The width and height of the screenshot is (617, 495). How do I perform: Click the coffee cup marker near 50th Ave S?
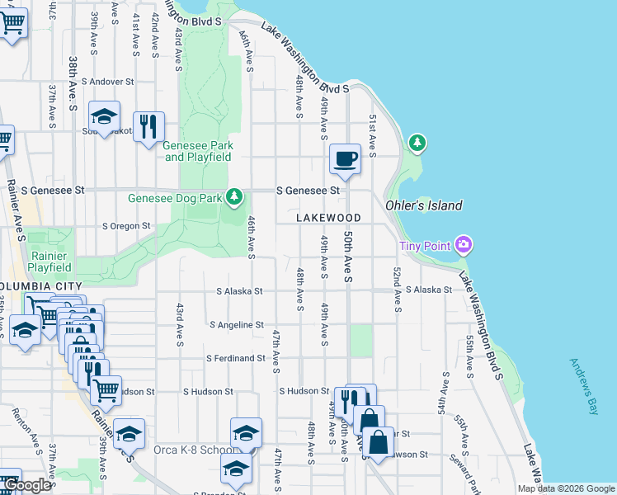pyautogui.click(x=345, y=158)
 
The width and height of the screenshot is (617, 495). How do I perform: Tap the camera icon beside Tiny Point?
pyautogui.click(x=464, y=244)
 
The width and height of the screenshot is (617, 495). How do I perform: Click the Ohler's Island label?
pyautogui.click(x=424, y=205)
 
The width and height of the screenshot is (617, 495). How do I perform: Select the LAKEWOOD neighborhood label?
pyautogui.click(x=329, y=218)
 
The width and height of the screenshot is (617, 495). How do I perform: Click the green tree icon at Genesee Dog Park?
pyautogui.click(x=236, y=196)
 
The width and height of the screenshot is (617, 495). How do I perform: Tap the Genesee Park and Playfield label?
pyautogui.click(x=198, y=151)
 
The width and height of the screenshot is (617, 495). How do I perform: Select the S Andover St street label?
pyautogui.click(x=106, y=82)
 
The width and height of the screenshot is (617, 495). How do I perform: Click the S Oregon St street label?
pyautogui.click(x=126, y=225)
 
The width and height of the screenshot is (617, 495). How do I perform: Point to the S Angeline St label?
pyautogui.click(x=237, y=325)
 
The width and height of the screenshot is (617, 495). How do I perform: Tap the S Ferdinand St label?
pyautogui.click(x=235, y=358)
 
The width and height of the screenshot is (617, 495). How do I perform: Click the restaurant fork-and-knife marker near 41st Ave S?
pyautogui.click(x=148, y=127)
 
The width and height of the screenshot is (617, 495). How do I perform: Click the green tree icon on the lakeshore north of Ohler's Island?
pyautogui.click(x=417, y=143)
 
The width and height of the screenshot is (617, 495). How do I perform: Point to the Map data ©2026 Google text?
pyautogui.click(x=565, y=488)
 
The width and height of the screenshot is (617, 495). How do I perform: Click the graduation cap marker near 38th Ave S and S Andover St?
pyautogui.click(x=105, y=117)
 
